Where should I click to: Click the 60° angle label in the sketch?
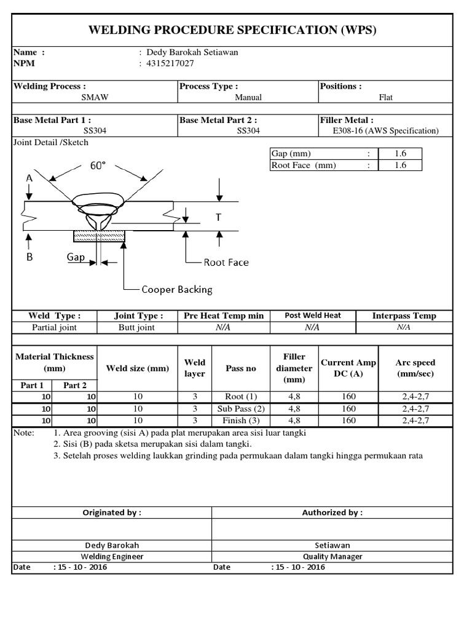[x=98, y=166]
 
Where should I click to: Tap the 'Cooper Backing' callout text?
[x=177, y=289]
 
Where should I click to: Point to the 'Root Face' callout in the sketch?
[x=226, y=262]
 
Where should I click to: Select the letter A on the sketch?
[x=29, y=177]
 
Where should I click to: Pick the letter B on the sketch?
[x=29, y=257]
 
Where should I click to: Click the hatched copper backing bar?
[x=99, y=235]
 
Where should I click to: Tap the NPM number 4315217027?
[x=175, y=63]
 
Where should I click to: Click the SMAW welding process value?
[x=95, y=97]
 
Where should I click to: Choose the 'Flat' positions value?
[x=386, y=97]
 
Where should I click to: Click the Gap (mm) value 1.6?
[x=400, y=153]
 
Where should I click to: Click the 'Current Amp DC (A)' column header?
[x=348, y=368]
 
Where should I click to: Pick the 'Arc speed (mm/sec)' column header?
[x=415, y=368]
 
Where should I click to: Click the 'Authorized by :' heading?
[x=332, y=512]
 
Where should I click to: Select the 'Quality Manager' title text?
[x=332, y=556]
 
